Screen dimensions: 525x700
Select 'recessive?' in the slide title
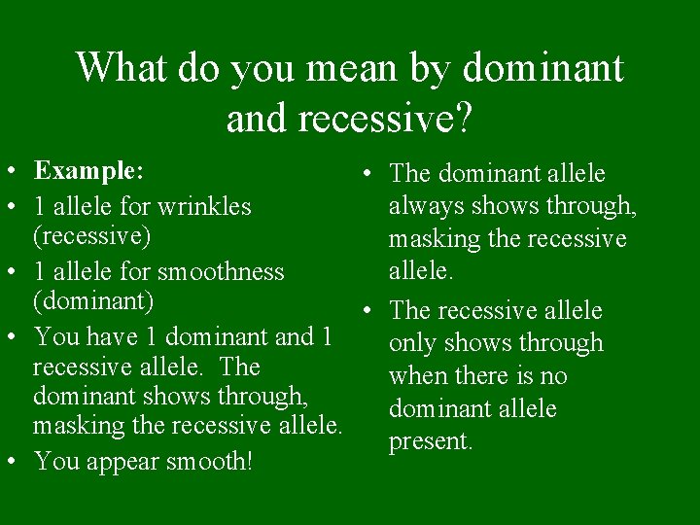386,118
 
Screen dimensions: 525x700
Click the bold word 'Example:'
88,171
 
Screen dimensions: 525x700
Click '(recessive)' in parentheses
92,236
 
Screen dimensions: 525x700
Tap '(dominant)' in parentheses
93,301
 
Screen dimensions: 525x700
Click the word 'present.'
431,441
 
